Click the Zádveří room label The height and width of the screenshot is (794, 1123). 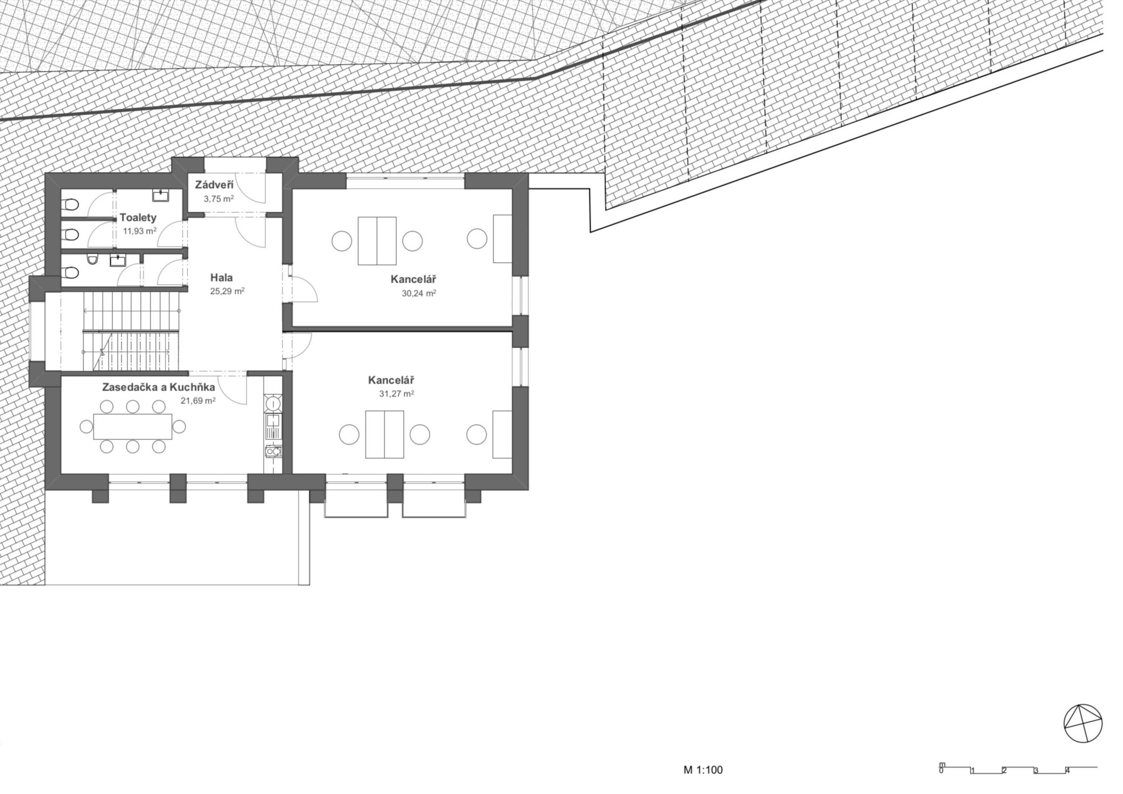coord(214,185)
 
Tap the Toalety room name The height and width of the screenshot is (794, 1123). coord(138,217)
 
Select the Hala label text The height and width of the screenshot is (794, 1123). coord(221,278)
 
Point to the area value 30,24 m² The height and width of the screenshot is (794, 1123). coord(419,293)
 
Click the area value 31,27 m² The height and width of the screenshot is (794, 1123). coord(396,394)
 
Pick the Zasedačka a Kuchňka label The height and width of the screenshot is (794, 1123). coord(159,387)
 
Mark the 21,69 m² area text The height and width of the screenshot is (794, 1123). coord(198,400)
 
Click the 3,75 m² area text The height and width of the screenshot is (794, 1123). coord(218,198)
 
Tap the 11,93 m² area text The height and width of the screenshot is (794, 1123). coord(140,230)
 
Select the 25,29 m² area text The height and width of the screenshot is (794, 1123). coord(227,291)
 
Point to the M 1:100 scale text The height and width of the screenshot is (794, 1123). coord(703,770)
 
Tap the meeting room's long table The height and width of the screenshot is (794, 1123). coord(133,426)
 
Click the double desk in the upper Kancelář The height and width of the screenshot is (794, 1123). coord(377,241)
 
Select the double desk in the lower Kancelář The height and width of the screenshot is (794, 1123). coord(385,434)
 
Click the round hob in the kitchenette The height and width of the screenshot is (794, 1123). coord(273,403)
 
